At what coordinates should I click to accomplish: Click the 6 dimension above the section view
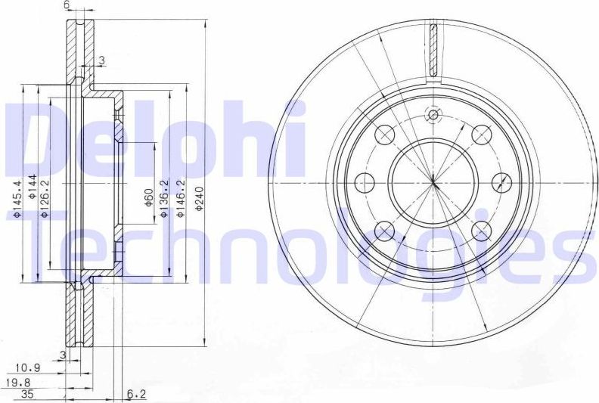tap(67, 5)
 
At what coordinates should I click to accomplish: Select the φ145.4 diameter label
tap(17, 197)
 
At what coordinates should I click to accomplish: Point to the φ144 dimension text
tap(32, 187)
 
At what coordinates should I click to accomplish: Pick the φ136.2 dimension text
tap(164, 199)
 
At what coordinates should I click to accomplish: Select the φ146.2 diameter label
tap(180, 199)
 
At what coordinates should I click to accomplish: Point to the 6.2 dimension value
tap(137, 394)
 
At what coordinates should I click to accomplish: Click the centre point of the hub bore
tap(433, 182)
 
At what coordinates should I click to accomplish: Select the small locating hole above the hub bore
tap(433, 115)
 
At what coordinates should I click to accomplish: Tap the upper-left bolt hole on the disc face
tap(385, 135)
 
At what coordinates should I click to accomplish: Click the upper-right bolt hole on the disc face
tap(481, 135)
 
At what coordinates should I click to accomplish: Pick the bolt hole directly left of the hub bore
tap(365, 182)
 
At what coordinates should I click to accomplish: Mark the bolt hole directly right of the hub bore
tap(501, 182)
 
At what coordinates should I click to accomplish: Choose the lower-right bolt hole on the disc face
tap(481, 230)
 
